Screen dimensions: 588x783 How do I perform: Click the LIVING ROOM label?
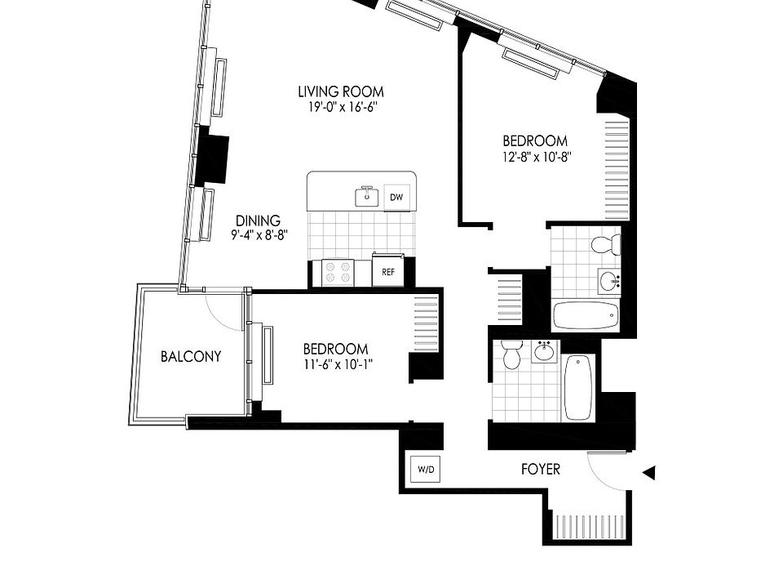pos(340,91)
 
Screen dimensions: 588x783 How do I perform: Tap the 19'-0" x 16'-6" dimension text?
pos(340,107)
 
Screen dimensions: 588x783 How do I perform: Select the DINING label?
pos(258,220)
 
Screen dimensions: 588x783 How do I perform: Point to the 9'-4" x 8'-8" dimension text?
pos(258,235)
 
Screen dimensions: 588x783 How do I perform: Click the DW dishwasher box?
pos(397,197)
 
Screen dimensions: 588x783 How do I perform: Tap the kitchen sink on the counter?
pos(367,196)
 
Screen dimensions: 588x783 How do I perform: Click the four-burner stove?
pos(338,271)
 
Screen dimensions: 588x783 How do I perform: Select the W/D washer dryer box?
pos(426,470)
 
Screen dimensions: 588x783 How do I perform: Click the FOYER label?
pos(540,470)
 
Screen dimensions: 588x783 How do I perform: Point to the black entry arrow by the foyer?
pos(649,472)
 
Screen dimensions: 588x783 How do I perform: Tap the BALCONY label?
pos(191,356)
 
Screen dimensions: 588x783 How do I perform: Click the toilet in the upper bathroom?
pos(605,244)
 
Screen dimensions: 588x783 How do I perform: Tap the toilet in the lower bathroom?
pos(511,355)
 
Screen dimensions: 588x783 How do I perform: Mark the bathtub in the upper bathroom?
pos(586,315)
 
